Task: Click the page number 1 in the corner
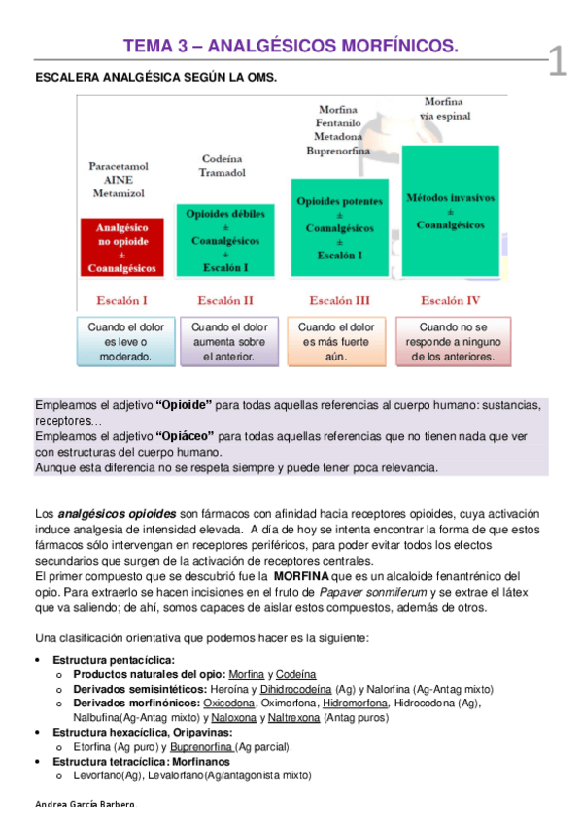coord(558,61)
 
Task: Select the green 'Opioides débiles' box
coord(224,239)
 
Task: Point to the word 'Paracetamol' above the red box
coord(119,166)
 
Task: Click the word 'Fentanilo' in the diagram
coord(339,123)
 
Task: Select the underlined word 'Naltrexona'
coord(296,718)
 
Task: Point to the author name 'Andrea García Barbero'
coord(86,805)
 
